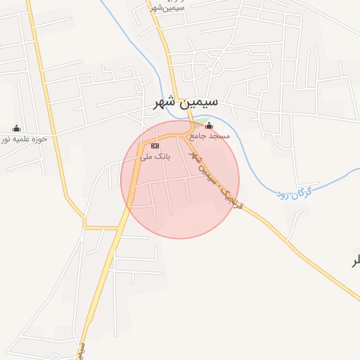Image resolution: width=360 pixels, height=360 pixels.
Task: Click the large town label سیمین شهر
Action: pyautogui.click(x=186, y=103)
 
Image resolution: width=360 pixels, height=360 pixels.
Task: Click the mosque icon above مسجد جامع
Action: pyautogui.click(x=209, y=127)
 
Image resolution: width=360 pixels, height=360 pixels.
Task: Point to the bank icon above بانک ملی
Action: pyautogui.click(x=155, y=146)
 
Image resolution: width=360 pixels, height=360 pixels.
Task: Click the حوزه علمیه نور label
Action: pyautogui.click(x=24, y=139)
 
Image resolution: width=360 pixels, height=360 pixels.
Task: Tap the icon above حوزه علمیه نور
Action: pyautogui.click(x=17, y=128)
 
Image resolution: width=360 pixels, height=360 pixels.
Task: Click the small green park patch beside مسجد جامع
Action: pyautogui.click(x=200, y=127)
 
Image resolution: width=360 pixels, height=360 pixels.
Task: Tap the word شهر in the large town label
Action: pyautogui.click(x=167, y=103)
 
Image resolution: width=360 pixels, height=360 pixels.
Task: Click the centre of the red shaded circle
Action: pyautogui.click(x=180, y=179)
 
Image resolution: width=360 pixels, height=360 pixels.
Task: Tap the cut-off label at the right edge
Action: pyautogui.click(x=356, y=261)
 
